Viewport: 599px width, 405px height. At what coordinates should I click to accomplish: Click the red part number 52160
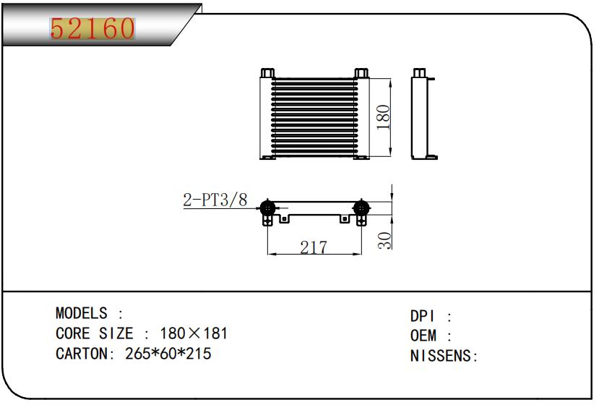tap(92, 28)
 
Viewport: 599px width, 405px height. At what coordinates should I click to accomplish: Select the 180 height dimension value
tap(383, 117)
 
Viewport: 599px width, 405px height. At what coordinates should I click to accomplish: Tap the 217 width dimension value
tap(314, 247)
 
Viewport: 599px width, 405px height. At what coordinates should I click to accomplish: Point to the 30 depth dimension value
tap(384, 241)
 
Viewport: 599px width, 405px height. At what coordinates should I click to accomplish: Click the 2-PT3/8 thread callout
tap(215, 200)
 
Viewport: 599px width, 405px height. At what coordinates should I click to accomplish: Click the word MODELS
tap(82, 313)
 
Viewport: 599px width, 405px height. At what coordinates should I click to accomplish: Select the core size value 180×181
tap(194, 333)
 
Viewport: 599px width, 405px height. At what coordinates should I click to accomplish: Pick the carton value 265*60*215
tap(168, 354)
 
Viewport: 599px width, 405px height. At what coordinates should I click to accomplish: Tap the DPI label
tap(422, 316)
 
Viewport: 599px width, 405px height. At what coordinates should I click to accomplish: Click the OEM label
tap(423, 336)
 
